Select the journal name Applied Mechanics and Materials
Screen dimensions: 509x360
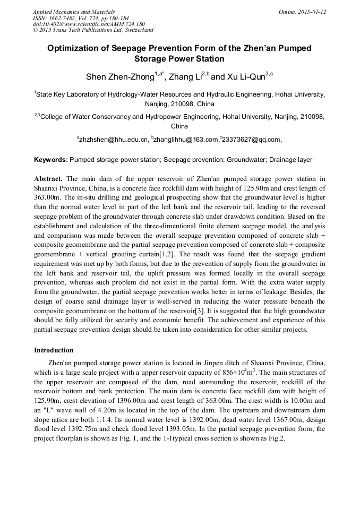pyautogui.click(x=74, y=12)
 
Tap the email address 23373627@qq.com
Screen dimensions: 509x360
pyautogui.click(x=253, y=140)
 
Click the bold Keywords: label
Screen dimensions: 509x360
pyautogui.click(x=51, y=160)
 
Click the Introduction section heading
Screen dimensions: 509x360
pyautogui.click(x=54, y=350)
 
